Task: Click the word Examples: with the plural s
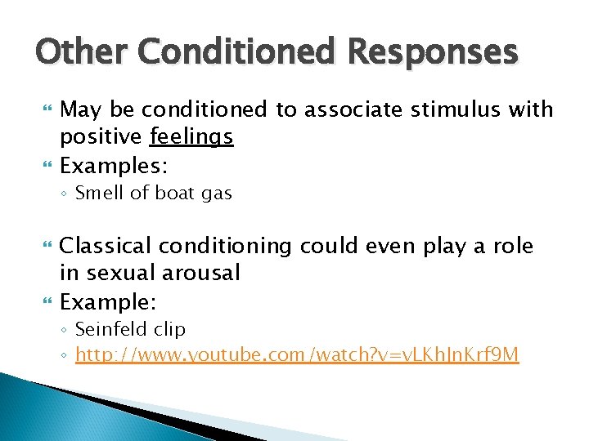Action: (x=115, y=166)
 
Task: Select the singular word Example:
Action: (x=108, y=301)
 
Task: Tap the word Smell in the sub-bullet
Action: (x=97, y=194)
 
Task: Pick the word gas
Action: (x=214, y=194)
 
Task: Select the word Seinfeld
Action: (x=110, y=329)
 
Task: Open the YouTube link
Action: (x=296, y=354)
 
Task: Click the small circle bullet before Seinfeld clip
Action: (x=65, y=330)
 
